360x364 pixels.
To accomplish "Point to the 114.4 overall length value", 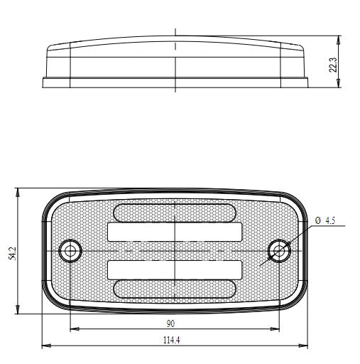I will pos(171,341).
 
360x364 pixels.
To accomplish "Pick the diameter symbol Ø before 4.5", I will pos(317,221).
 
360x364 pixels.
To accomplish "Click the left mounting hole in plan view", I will pos(70,251).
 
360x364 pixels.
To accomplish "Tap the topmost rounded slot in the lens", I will pos(175,212).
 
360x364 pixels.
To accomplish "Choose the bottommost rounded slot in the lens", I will pos(175,289).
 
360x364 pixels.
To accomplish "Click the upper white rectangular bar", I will pos(175,232).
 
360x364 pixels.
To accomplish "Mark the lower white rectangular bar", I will pos(175,269).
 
